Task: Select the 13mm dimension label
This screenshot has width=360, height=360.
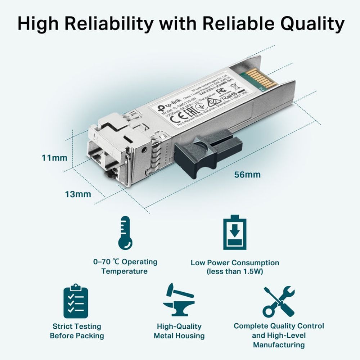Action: pyautogui.click(x=78, y=194)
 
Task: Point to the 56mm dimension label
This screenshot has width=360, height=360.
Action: pyautogui.click(x=247, y=175)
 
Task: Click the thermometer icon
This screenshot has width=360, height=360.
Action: pyautogui.click(x=125, y=233)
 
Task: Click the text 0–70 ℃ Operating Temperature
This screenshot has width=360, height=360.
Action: pyautogui.click(x=125, y=266)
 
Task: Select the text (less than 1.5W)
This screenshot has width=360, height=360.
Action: pyautogui.click(x=235, y=271)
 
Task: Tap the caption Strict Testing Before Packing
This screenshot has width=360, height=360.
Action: pyautogui.click(x=77, y=331)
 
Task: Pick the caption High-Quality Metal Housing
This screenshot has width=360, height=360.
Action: pyautogui.click(x=179, y=331)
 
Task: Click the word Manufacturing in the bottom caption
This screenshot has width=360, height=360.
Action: pyautogui.click(x=279, y=345)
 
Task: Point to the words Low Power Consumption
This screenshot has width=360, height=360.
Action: pyautogui.click(x=235, y=263)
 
